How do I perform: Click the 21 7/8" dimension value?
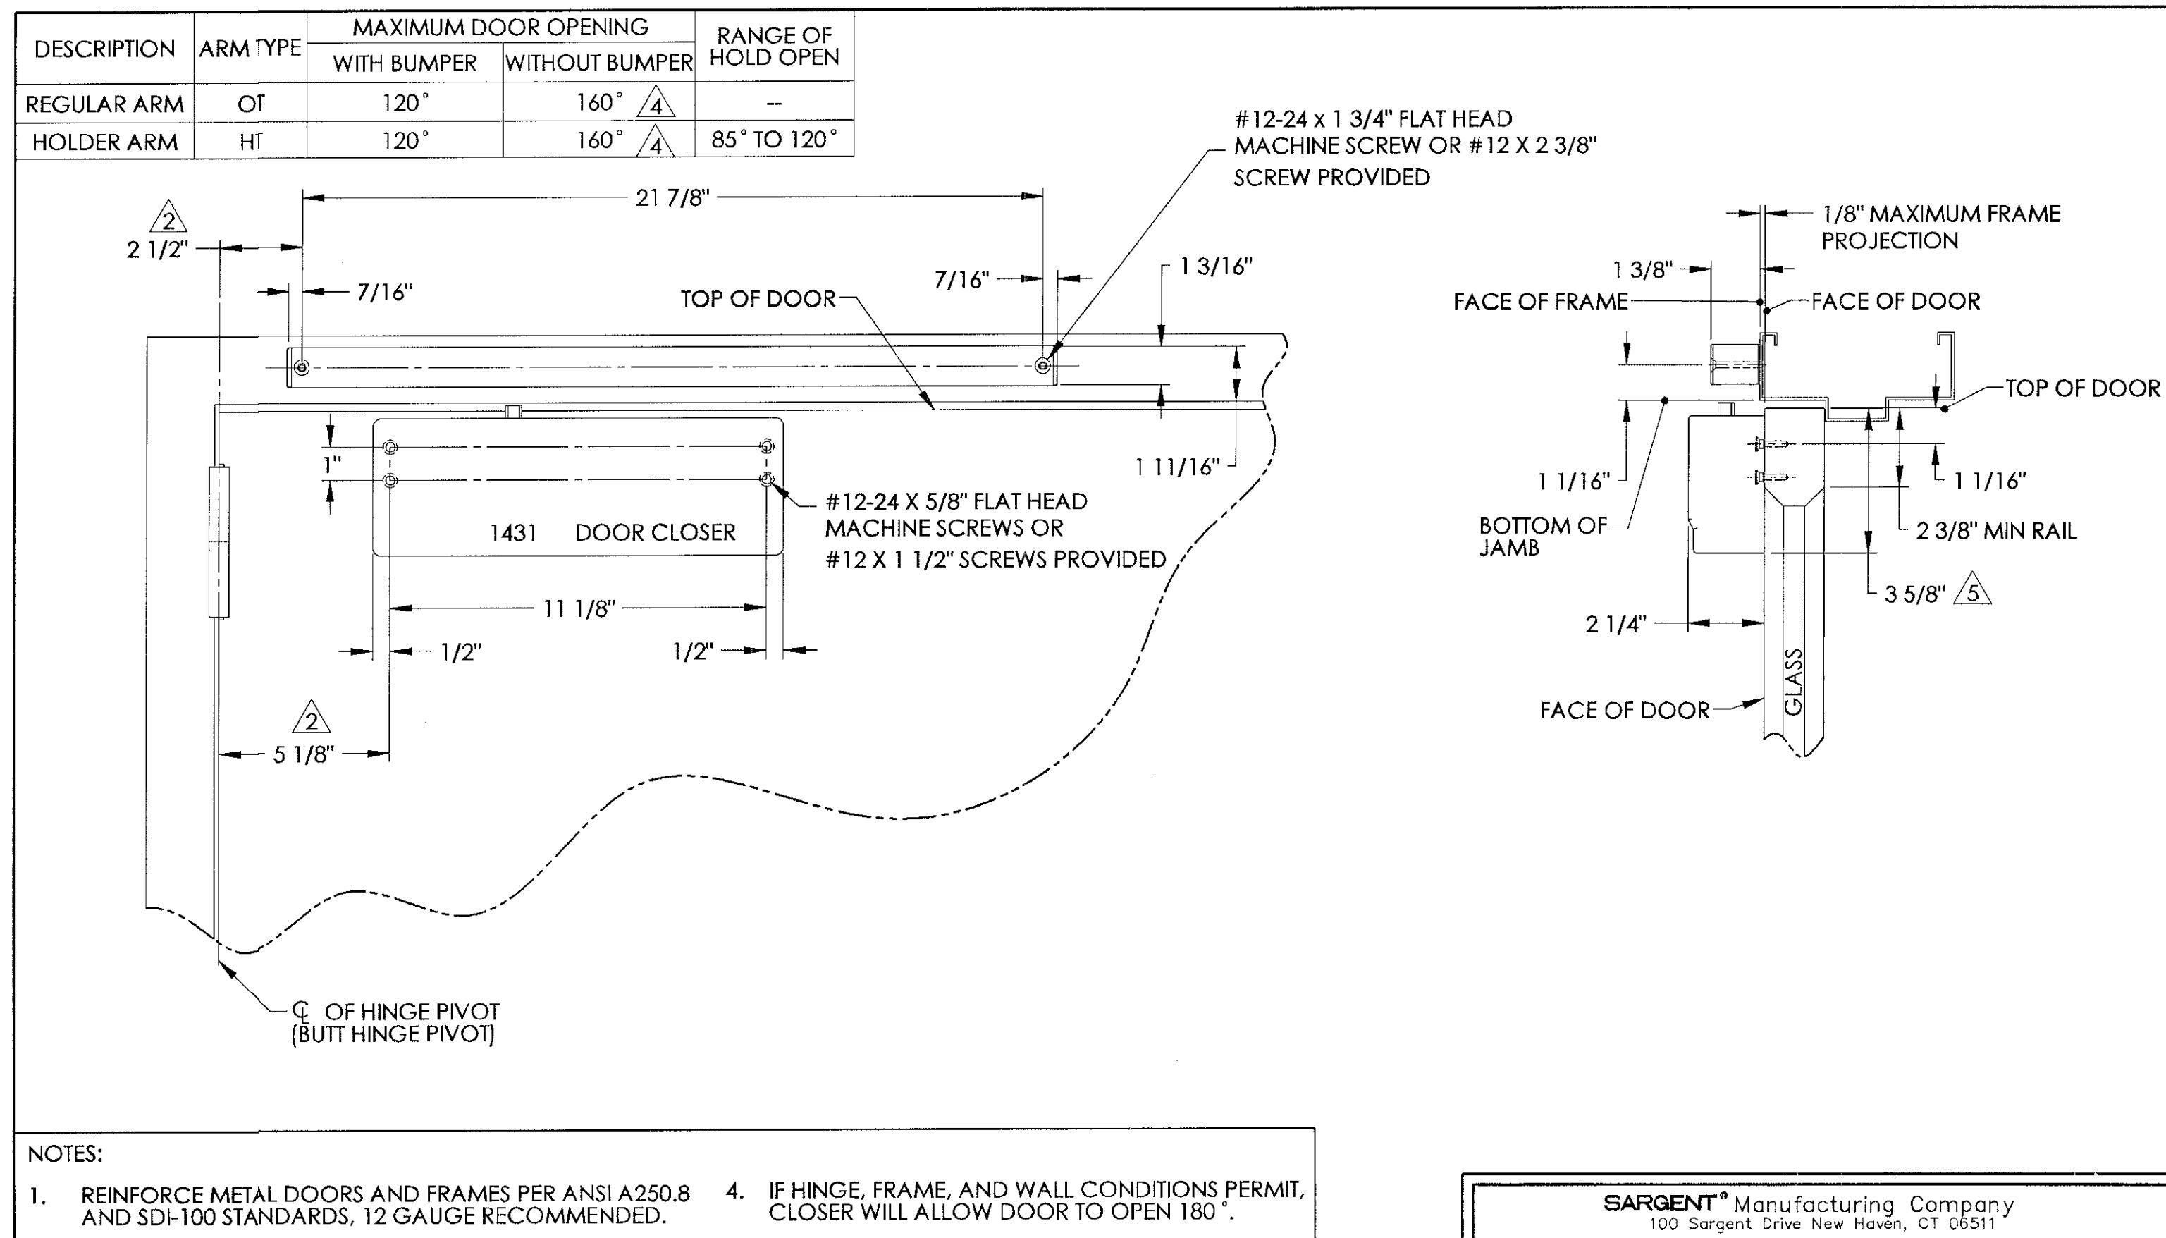(672, 199)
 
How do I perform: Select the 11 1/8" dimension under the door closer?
(579, 609)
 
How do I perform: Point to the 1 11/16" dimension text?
(1177, 467)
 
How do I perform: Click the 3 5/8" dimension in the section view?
(1914, 594)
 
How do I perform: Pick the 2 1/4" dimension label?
(1615, 625)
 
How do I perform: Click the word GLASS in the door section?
(1793, 682)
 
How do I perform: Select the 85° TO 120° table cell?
(774, 140)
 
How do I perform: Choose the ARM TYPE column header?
(250, 49)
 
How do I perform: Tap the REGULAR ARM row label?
(104, 104)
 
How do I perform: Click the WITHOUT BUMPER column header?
(598, 63)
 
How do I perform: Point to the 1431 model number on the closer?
(513, 533)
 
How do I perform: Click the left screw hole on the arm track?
(302, 367)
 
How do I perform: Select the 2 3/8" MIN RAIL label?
(1996, 532)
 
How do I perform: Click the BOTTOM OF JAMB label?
(1543, 537)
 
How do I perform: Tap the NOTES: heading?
(65, 1154)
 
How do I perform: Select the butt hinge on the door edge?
(219, 541)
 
